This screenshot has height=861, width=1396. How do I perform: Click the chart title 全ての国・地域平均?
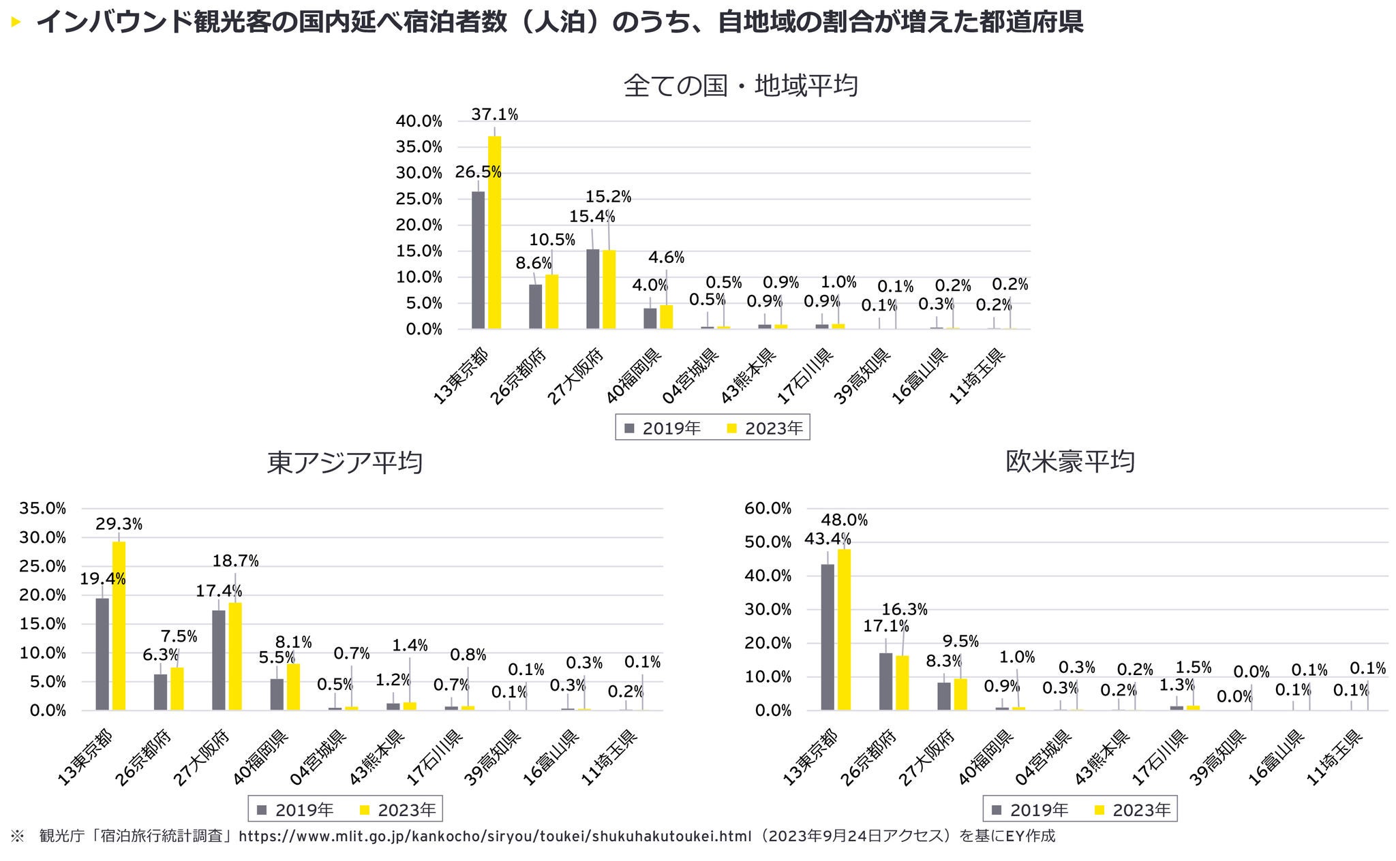(x=740, y=87)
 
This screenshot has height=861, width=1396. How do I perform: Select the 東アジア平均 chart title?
(x=344, y=463)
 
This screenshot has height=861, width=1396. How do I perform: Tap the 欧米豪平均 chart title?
(x=1069, y=462)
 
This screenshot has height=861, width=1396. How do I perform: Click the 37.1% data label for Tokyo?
(x=494, y=115)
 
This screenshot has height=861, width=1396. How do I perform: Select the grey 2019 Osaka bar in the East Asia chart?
(x=219, y=660)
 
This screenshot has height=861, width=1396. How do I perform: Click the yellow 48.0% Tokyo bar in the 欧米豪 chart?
(x=844, y=629)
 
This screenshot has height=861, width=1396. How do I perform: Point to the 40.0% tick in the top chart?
(x=419, y=122)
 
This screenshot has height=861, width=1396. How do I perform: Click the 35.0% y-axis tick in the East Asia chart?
(x=43, y=508)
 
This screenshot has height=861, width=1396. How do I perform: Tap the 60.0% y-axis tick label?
(x=768, y=508)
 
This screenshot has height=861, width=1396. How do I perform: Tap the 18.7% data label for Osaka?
(x=235, y=561)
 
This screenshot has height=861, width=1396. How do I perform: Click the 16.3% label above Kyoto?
(x=905, y=610)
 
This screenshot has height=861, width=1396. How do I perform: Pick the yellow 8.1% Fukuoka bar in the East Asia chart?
(x=293, y=687)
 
